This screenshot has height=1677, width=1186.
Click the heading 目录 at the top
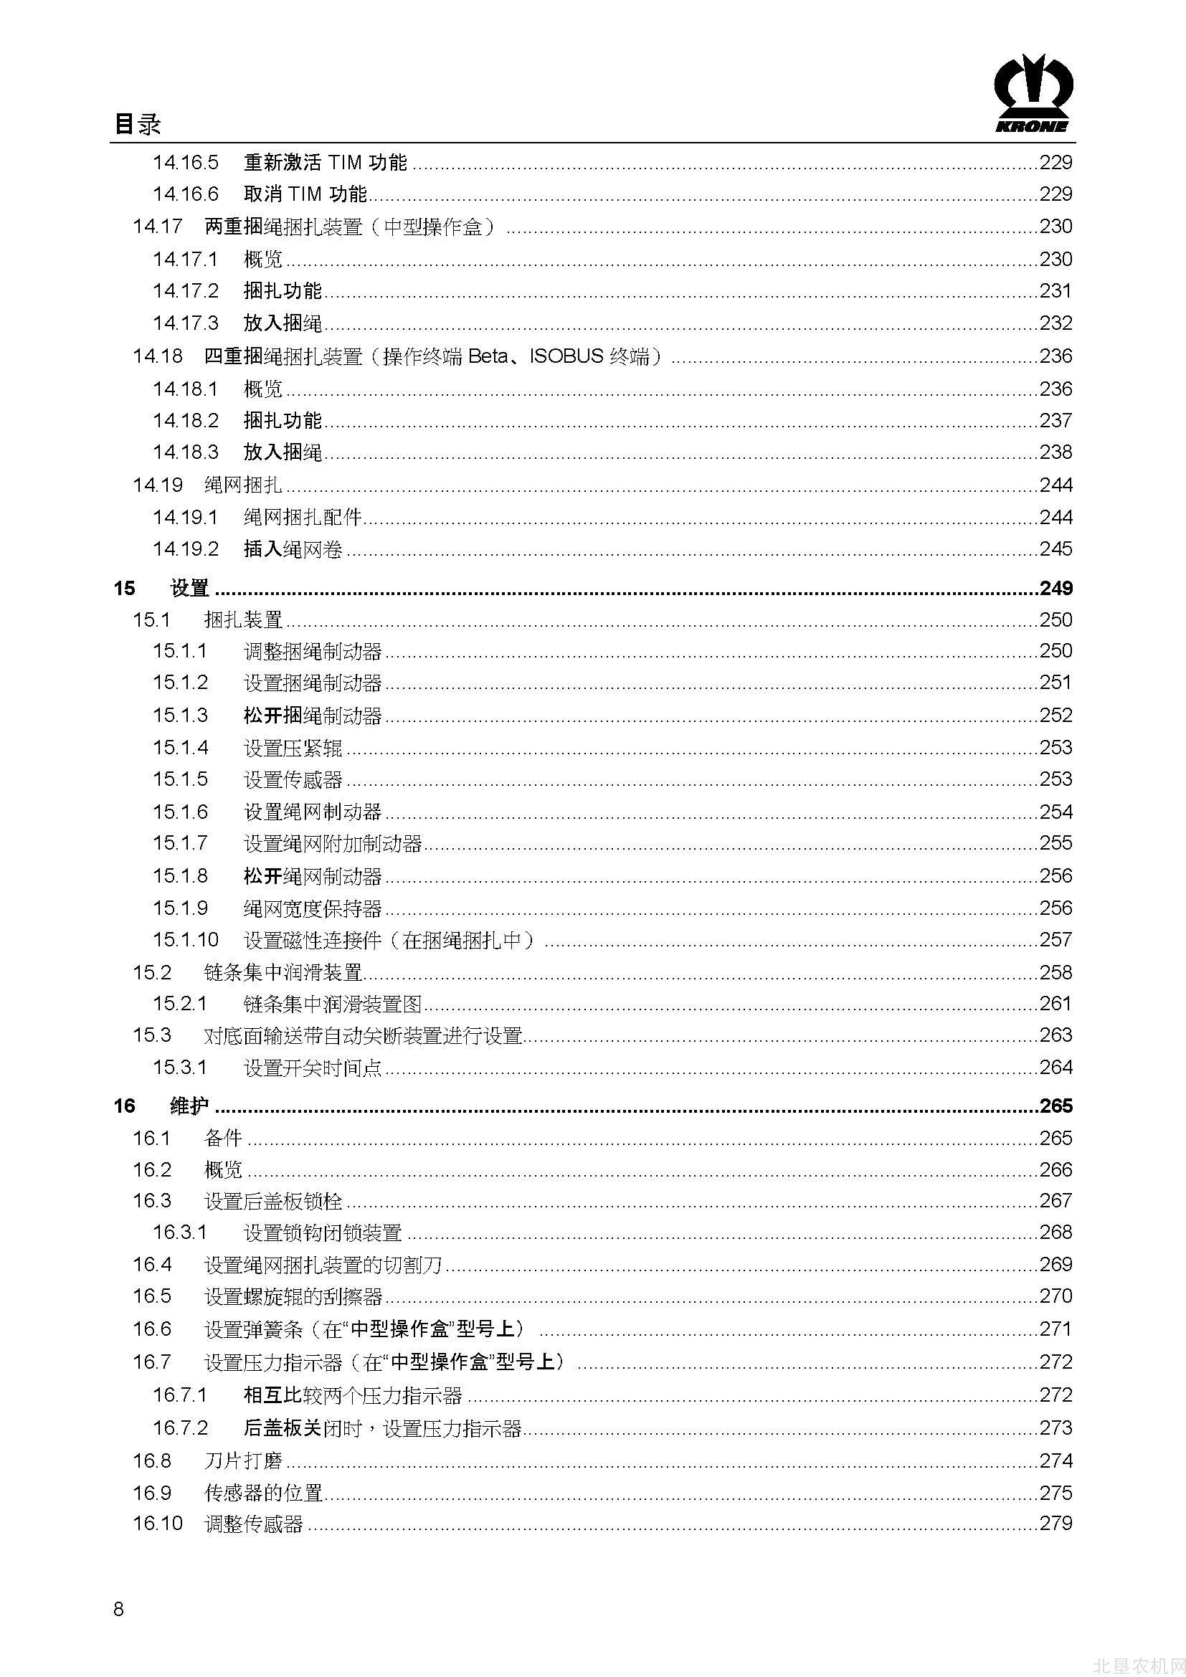[137, 123]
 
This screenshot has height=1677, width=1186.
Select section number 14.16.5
[186, 162]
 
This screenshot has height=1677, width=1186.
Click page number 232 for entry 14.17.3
[1055, 323]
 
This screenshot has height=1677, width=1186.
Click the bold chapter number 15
[123, 588]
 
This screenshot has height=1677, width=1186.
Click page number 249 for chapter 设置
[1055, 588]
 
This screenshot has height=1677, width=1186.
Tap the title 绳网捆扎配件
[303, 517]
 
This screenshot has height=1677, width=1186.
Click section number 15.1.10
[186, 939]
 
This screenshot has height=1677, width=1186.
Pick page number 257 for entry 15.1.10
[1055, 939]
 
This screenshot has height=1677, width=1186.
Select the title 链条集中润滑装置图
[332, 1004]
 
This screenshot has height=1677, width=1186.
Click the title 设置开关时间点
[313, 1067]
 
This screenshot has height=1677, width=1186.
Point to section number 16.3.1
[180, 1232]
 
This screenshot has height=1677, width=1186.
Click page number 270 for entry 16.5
[1055, 1296]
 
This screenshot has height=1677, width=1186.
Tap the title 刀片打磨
[243, 1460]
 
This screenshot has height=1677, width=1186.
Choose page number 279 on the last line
[1055, 1523]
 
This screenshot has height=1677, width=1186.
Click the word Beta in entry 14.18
[488, 356]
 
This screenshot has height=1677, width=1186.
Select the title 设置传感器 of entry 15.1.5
[293, 779]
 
